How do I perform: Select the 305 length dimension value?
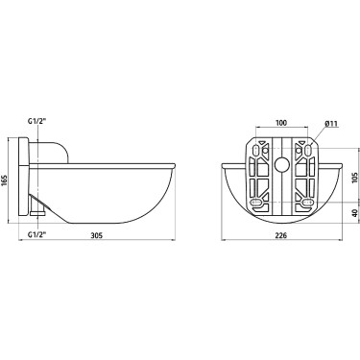click(x=96, y=236)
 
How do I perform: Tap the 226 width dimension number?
click(x=281, y=236)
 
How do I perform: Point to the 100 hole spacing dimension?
click(x=281, y=123)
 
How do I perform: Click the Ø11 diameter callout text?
click(x=331, y=124)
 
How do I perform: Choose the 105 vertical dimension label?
click(x=355, y=176)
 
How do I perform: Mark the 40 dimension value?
click(x=355, y=213)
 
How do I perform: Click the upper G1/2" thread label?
click(x=37, y=122)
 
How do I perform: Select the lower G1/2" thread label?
click(x=37, y=234)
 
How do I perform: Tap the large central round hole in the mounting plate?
click(x=282, y=165)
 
